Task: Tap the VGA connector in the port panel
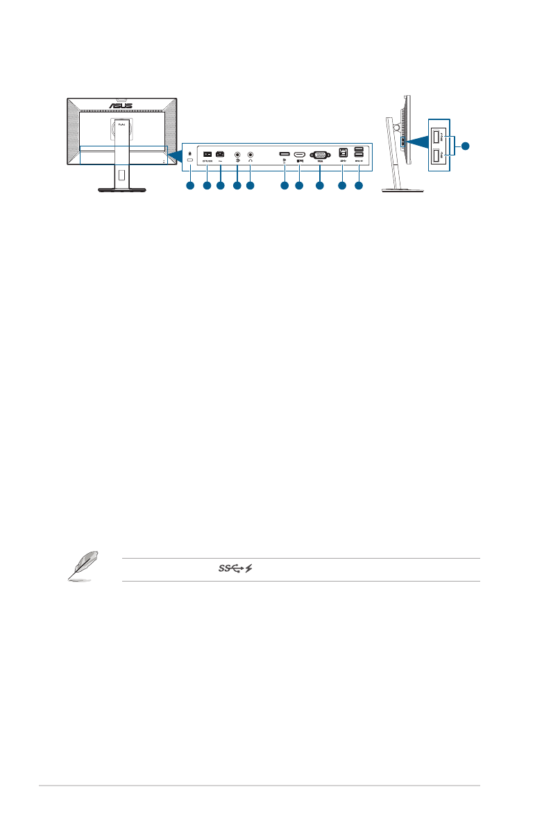click(319, 155)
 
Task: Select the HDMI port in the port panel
click(300, 155)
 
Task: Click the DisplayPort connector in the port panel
click(285, 153)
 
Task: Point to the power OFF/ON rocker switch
click(207, 154)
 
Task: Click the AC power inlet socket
click(221, 154)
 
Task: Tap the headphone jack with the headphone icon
click(251, 155)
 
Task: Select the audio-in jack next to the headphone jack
click(237, 155)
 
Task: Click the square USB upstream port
click(342, 154)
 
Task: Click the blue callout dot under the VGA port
click(319, 187)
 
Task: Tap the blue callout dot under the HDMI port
click(300, 187)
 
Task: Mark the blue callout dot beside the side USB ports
click(466, 146)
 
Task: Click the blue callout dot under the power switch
click(206, 187)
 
